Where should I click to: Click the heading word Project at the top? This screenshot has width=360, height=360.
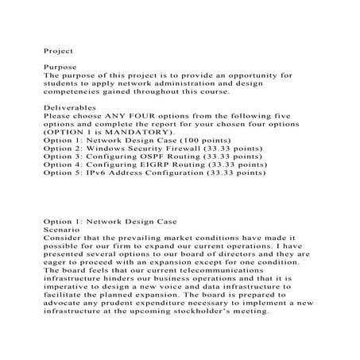click(x=56, y=49)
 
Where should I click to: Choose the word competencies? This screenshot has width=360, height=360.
click(x=76, y=91)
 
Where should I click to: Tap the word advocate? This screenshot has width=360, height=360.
click(x=68, y=303)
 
